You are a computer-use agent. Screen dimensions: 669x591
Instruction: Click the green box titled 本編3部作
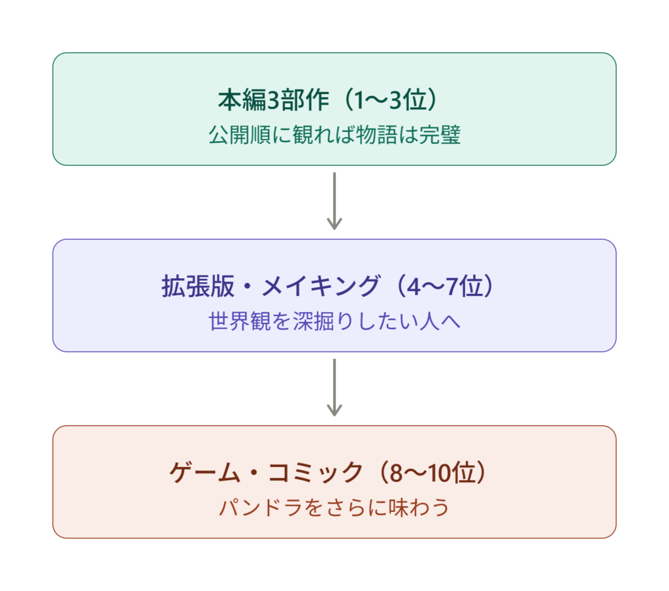point(334,109)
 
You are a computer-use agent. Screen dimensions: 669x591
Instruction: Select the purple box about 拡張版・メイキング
point(334,295)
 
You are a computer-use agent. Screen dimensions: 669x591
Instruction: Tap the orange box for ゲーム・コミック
point(334,482)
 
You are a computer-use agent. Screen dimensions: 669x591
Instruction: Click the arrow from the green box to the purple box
point(334,201)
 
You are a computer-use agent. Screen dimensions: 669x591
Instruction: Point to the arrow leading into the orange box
point(334,387)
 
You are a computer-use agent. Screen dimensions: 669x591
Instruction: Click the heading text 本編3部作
point(274,100)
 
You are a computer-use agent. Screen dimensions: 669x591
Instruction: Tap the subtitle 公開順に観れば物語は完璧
point(334,135)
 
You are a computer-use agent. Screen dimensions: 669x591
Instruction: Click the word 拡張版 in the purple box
point(198,286)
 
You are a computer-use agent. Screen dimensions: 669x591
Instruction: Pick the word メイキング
point(320,286)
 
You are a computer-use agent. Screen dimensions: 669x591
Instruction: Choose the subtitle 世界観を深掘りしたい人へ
point(334,321)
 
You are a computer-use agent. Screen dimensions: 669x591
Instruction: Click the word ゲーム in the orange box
point(205,472)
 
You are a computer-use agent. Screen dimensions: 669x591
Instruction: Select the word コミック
point(316,472)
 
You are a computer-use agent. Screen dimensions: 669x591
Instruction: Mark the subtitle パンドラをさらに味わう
point(334,507)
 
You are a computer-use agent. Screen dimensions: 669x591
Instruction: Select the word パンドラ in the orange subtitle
point(261,507)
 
